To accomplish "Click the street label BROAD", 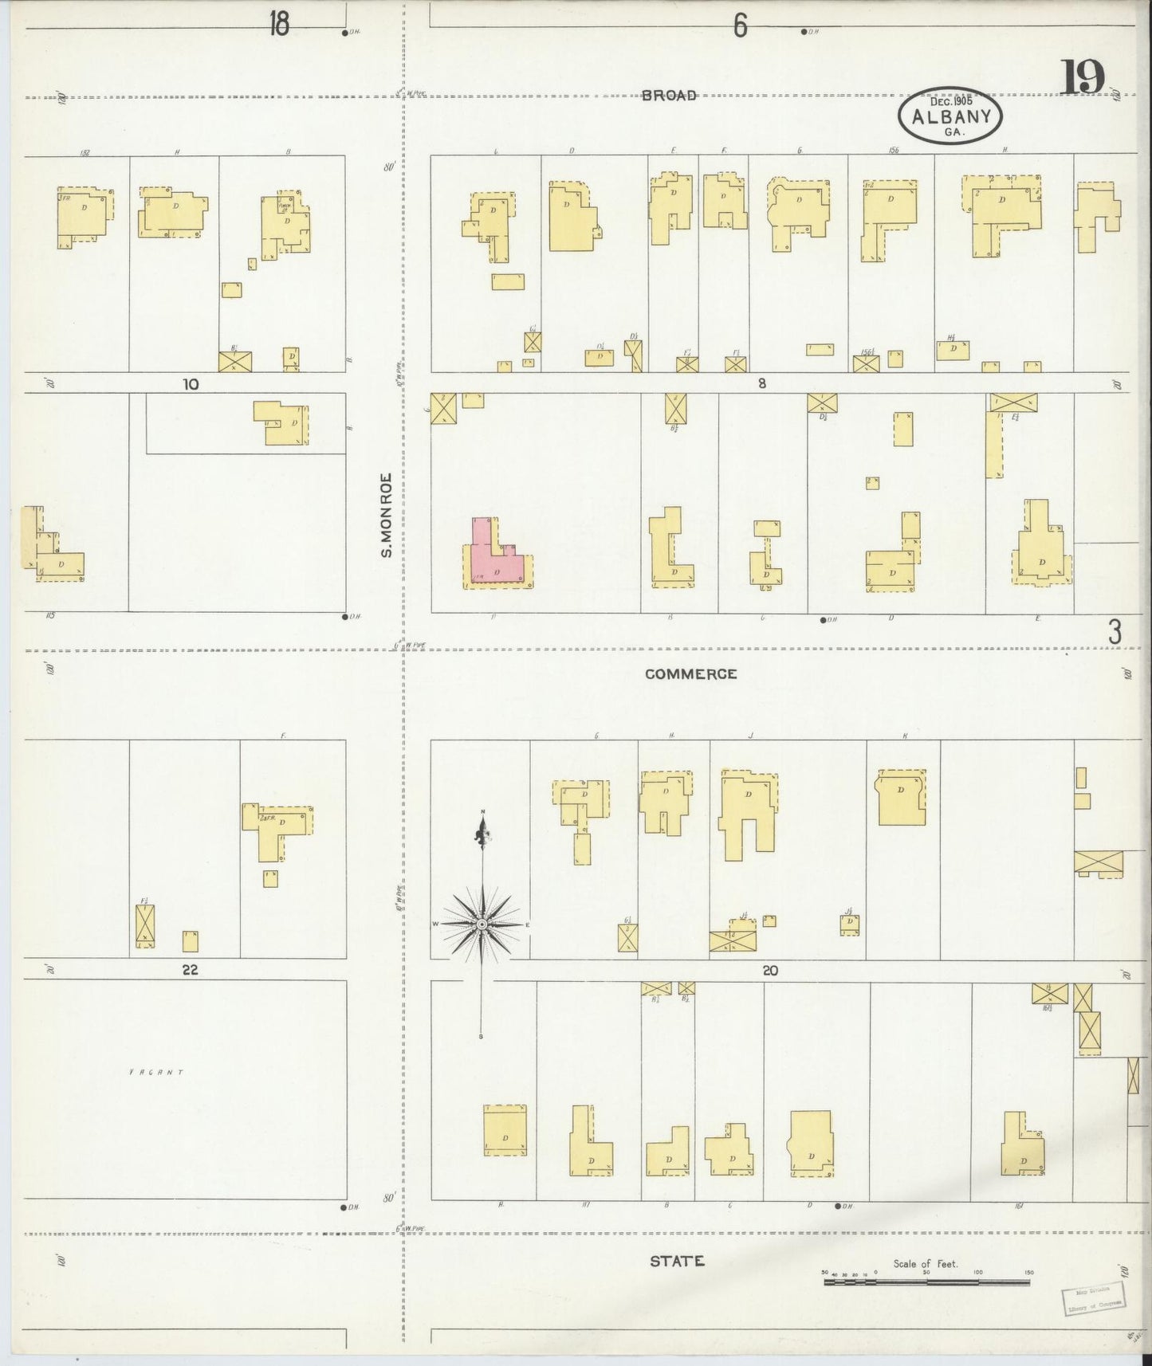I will (670, 96).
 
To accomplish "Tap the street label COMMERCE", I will (690, 673).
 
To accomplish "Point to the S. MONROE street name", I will (387, 514).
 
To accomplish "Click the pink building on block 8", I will (496, 558).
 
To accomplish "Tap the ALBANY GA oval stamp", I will (950, 116).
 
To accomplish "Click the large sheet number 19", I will (1083, 77).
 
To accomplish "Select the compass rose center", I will (482, 924).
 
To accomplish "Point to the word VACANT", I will (156, 1072).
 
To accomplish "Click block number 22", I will (189, 970).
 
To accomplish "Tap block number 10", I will (190, 384).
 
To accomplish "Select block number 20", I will (769, 971).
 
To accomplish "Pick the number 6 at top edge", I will (741, 26).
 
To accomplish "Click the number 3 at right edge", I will (1115, 633).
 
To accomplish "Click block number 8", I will (762, 383).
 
